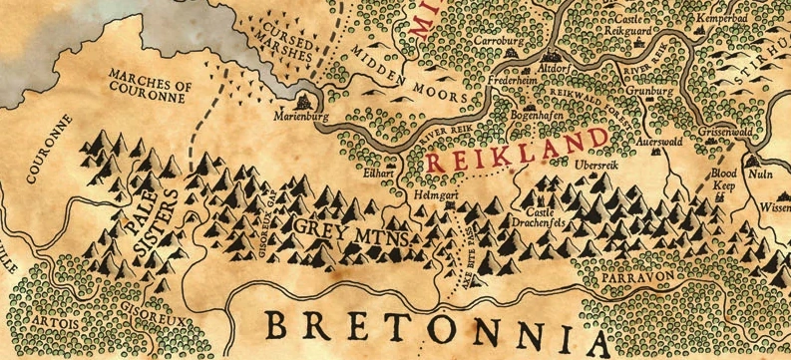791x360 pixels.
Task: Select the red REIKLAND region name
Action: (516, 149)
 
